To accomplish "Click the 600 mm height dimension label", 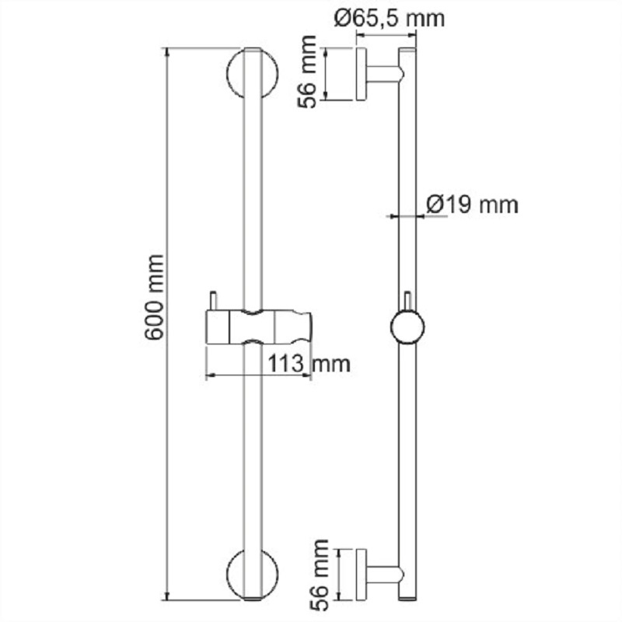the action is pos(153,298).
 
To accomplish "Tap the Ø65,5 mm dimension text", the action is pos(390,18).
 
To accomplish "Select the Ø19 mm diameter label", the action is pos(473,204).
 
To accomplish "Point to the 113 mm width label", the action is pos(309,363).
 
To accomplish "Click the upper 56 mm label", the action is pos(307,72).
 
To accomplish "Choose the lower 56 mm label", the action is pos(320,575).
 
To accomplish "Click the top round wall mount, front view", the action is pos(252,73).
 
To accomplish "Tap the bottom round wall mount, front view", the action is pos(252,574).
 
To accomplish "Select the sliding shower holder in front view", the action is pos(259,327).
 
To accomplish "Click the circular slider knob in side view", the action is pos(407,327).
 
